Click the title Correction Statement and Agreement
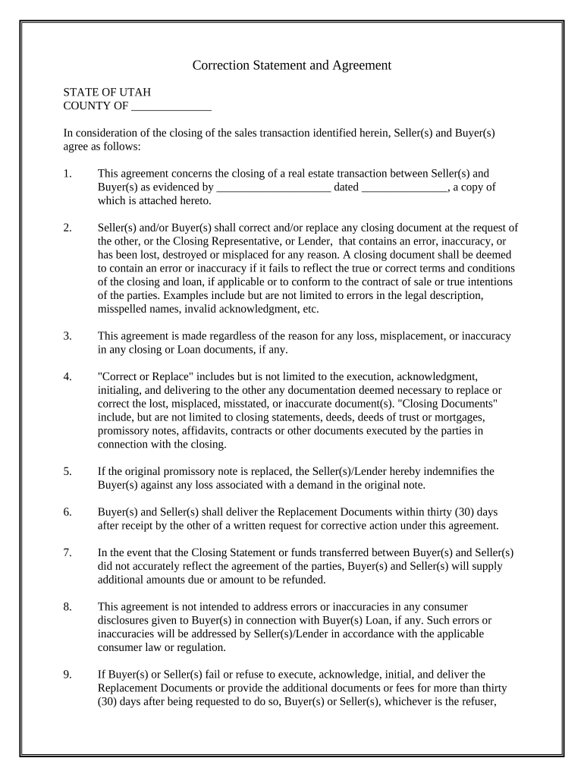[291, 65]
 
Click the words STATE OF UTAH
[107, 92]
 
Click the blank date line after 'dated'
[405, 187]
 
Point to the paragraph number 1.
[68, 174]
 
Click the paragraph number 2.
[68, 228]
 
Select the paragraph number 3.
[68, 335]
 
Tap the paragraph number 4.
[68, 376]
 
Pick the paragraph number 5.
[68, 471]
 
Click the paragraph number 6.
[68, 512]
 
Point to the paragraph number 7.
[68, 552]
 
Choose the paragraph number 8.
[68, 607]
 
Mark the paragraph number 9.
[68, 674]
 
